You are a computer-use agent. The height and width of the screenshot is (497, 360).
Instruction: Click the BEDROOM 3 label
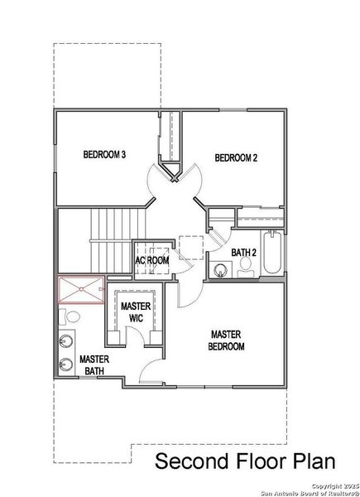104,154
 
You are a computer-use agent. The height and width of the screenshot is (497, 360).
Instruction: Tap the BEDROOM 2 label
237,157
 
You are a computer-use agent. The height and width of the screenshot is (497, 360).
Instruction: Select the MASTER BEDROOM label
226,340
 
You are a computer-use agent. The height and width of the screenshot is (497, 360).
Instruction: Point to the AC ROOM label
152,260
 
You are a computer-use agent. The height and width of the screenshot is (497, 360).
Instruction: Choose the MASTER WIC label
135,311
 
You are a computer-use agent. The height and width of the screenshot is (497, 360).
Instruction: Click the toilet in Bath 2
245,266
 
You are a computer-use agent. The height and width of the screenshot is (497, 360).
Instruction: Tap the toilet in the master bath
70,317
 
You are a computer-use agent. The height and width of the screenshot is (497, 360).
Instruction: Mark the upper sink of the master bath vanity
65,340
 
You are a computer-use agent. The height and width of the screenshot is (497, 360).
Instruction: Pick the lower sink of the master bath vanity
65,363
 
